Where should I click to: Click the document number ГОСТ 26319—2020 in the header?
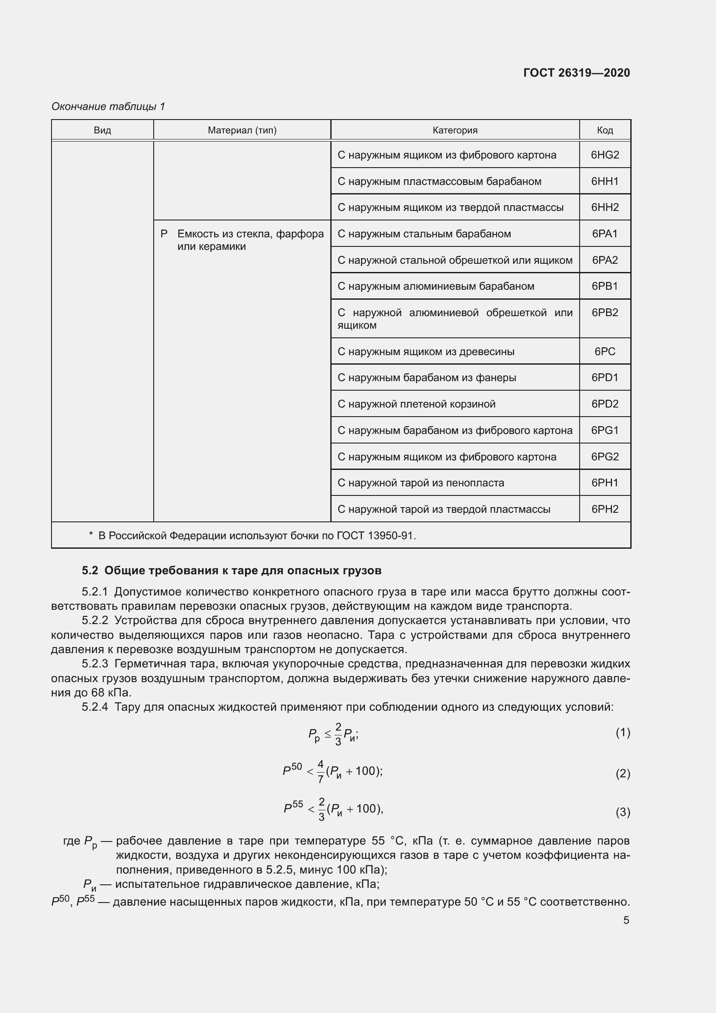[576, 73]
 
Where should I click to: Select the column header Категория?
[455, 130]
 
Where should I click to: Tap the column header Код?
[604, 130]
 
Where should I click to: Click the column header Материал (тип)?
[242, 130]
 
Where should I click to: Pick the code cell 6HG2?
[604, 155]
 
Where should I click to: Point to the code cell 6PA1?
[604, 234]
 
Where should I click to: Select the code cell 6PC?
[604, 352]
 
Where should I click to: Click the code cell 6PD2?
[604, 404]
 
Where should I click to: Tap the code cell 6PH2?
[604, 509]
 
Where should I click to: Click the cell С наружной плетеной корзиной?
[416, 404]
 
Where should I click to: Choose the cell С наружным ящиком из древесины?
[426, 352]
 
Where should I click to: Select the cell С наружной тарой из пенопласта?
[421, 482]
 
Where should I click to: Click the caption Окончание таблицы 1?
[108, 107]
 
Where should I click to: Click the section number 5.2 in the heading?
[90, 570]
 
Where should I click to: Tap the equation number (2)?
[622, 774]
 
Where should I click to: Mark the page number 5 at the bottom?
[626, 917]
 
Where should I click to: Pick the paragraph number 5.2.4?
[95, 707]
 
